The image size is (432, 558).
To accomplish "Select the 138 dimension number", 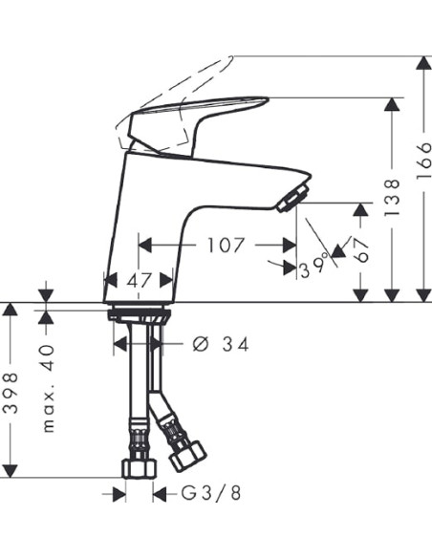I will click(391, 199).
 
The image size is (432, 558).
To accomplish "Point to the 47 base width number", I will click(140, 281).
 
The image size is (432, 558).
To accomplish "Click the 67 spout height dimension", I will click(360, 250).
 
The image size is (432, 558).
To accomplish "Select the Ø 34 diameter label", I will click(220, 344).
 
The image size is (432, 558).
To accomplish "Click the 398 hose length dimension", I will click(11, 392).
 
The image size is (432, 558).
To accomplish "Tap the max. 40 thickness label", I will click(50, 388).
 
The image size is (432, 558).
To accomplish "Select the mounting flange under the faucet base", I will click(140, 312).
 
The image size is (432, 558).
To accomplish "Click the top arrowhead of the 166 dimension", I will click(421, 64).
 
